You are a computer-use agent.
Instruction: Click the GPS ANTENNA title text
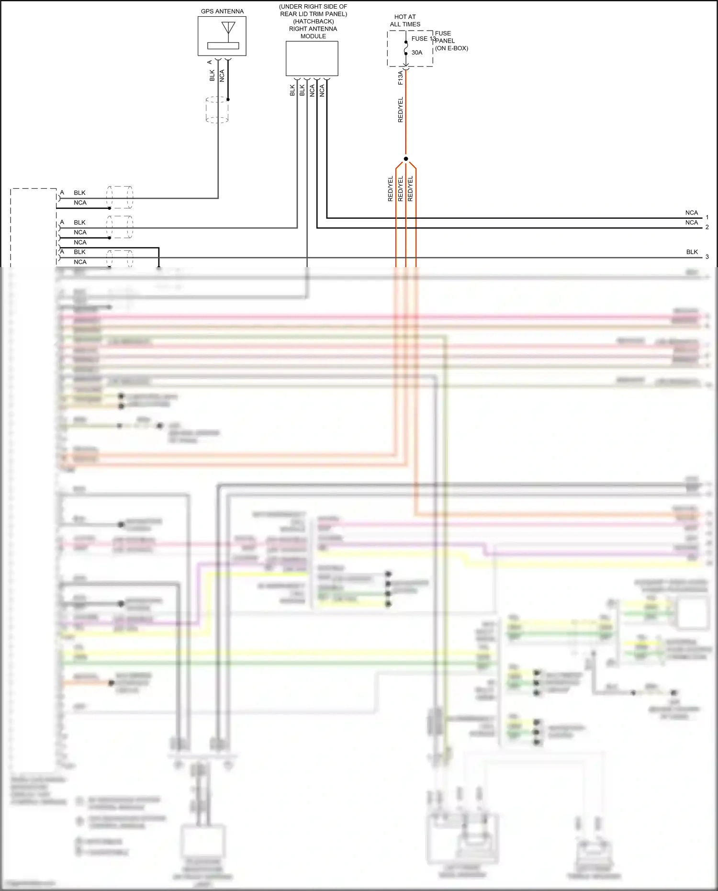tap(222, 11)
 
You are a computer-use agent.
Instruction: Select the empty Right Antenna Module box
tap(312, 58)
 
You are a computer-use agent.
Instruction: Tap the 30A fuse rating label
tap(417, 53)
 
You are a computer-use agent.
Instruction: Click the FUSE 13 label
tap(423, 39)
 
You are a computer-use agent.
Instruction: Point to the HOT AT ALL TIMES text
tap(405, 21)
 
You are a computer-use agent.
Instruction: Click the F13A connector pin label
tap(401, 78)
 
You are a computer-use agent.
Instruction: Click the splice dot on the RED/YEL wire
tap(406, 159)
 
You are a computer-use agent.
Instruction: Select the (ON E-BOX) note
tap(451, 48)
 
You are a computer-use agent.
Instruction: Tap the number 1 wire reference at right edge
tap(707, 217)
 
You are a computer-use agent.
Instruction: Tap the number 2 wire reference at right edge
tap(707, 227)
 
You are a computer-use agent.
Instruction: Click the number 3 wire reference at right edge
tap(707, 257)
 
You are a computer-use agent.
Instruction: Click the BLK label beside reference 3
tap(692, 252)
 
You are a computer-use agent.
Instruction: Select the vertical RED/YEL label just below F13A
tap(401, 110)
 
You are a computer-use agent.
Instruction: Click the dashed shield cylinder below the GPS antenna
tap(217, 110)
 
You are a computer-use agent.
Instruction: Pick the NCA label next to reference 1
tap(692, 213)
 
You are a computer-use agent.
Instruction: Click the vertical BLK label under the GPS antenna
tap(212, 76)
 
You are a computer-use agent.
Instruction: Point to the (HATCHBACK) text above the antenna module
tap(314, 22)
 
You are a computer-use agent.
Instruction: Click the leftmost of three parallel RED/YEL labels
tap(391, 189)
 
